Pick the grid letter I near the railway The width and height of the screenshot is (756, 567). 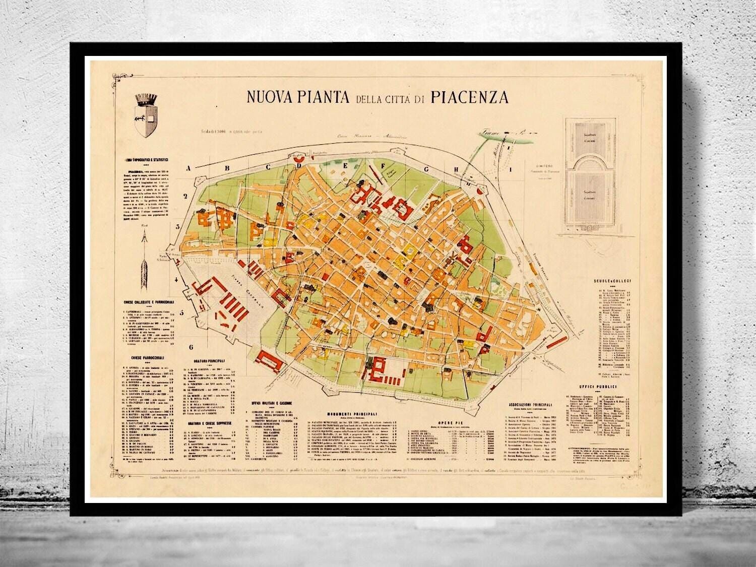click(510, 170)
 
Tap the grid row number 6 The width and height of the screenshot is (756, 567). click(191, 347)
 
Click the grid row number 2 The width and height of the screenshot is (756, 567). click(185, 197)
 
